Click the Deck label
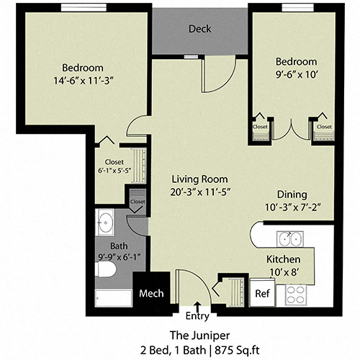coord(199,30)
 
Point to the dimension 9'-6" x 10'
coord(296,74)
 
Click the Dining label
coord(292,194)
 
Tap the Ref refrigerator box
coord(263,294)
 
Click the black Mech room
coord(151,294)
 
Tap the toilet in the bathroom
coord(105,270)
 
